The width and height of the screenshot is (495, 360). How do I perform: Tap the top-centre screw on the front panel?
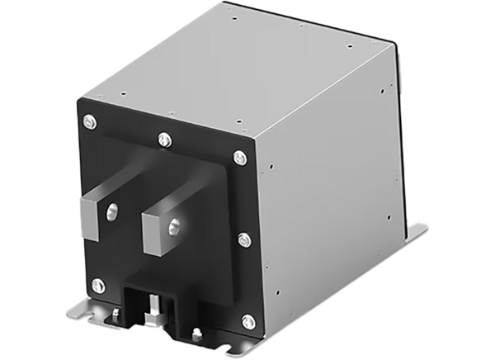click(x=163, y=137)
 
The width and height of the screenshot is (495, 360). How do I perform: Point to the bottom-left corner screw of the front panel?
click(x=98, y=285)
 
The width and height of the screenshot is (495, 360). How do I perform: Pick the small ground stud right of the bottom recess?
click(x=196, y=334)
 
